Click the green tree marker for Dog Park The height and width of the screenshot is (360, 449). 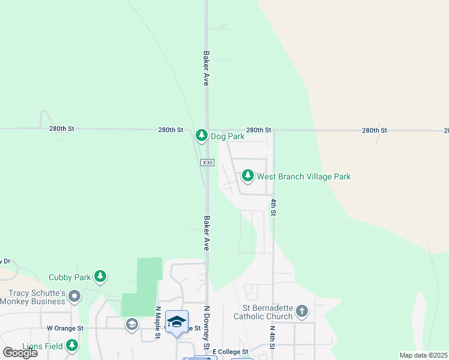click(x=202, y=136)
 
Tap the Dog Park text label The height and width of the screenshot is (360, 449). click(x=227, y=136)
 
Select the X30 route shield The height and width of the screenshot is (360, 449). click(x=207, y=163)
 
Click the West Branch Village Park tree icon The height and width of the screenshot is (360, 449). click(x=247, y=176)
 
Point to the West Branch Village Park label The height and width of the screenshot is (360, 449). click(x=304, y=176)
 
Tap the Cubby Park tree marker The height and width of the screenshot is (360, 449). click(x=101, y=277)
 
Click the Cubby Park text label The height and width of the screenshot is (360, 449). click(x=70, y=277)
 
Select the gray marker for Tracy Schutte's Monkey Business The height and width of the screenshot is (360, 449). click(x=74, y=296)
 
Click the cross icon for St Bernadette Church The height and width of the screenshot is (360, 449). click(x=302, y=311)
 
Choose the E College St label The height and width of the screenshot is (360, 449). click(x=229, y=352)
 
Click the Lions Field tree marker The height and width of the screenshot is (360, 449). click(x=72, y=345)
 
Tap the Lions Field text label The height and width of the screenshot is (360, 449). click(x=41, y=346)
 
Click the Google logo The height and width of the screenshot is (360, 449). click(x=20, y=352)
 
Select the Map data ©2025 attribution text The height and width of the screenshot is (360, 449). click(x=423, y=355)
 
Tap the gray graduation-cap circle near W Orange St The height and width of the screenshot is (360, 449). click(x=131, y=325)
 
